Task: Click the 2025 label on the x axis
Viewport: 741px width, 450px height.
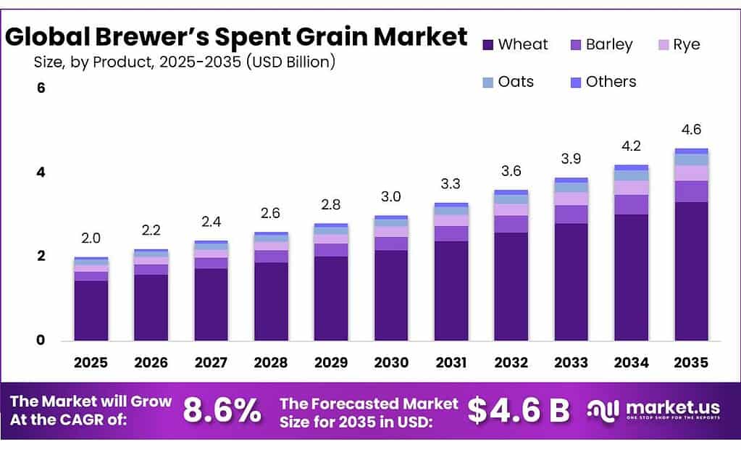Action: pos(91,362)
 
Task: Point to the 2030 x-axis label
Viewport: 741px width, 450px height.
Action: pos(391,362)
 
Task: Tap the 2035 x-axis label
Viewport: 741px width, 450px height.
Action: pos(691,362)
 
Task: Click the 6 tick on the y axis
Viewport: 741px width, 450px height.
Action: pos(41,88)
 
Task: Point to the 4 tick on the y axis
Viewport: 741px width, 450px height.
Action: pos(41,172)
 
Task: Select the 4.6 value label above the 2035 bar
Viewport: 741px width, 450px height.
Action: pos(691,130)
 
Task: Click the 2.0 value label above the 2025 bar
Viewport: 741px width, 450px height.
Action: pos(91,238)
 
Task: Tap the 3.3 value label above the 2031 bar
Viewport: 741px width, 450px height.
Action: pos(451,184)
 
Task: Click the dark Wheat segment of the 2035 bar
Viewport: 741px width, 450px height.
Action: pos(691,272)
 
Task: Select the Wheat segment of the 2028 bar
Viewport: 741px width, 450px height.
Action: pos(271,301)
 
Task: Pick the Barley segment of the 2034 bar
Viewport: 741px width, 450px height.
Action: pos(631,204)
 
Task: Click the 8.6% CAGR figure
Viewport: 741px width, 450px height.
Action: pos(222,411)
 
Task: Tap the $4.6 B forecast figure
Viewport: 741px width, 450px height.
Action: pos(518,411)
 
